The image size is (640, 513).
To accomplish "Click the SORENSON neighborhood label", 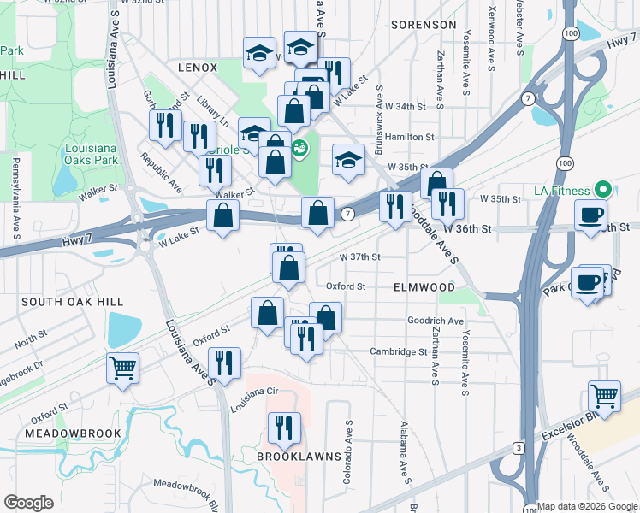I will pyautogui.click(x=424, y=25).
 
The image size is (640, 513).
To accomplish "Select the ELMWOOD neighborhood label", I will pyautogui.click(x=424, y=287).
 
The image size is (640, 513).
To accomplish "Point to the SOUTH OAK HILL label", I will pyautogui.click(x=73, y=302).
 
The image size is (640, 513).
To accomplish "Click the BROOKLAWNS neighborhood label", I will pyautogui.click(x=293, y=457).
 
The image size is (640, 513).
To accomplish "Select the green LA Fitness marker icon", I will pyautogui.click(x=601, y=190).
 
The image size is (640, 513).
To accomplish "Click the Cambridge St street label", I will pyautogui.click(x=398, y=351).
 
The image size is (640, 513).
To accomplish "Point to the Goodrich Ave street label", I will pyautogui.click(x=436, y=321).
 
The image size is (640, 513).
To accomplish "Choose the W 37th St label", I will pyautogui.click(x=359, y=256).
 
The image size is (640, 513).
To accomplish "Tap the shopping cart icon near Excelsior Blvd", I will pyautogui.click(x=604, y=398).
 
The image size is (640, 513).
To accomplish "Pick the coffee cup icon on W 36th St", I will pyautogui.click(x=590, y=217).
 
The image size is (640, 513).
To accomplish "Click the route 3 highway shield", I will pyautogui.click(x=518, y=447).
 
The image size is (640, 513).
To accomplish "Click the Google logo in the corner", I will pyautogui.click(x=28, y=503).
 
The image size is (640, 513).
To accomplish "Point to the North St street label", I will pyautogui.click(x=31, y=340).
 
